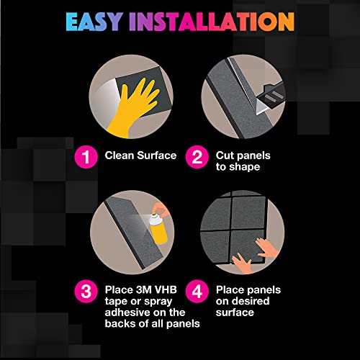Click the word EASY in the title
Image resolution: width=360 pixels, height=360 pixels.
[x=94, y=22]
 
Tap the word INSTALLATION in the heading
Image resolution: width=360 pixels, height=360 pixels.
[x=212, y=22]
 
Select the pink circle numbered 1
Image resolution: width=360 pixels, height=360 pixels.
[x=86, y=157]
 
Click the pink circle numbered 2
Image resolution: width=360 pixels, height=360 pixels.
[x=197, y=157]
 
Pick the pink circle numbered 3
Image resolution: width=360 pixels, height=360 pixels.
[x=86, y=292]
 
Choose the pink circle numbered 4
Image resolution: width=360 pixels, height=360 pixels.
[x=197, y=292]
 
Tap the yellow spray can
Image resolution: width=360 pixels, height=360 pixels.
[x=158, y=229]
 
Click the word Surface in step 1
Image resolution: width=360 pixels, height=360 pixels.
[x=157, y=156]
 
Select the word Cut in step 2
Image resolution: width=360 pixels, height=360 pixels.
[x=224, y=156]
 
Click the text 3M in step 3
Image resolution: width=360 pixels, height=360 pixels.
[x=143, y=289]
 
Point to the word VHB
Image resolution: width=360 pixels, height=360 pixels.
[x=166, y=289]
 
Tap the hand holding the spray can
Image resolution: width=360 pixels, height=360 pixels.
[x=161, y=210]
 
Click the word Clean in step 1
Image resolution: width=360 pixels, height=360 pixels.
[x=120, y=156]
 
